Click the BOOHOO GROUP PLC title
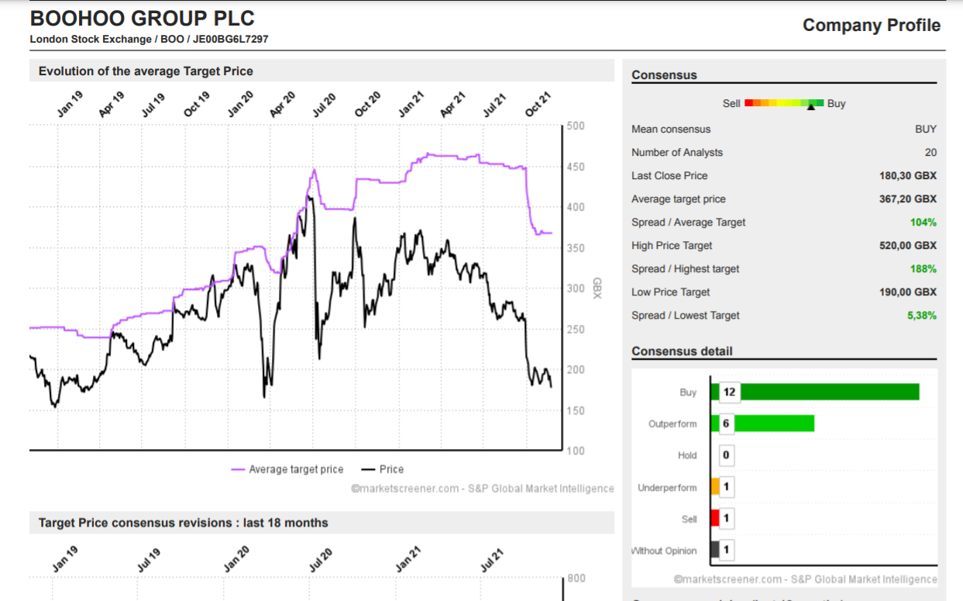point(143,19)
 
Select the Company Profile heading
point(872,25)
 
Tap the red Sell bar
point(715,518)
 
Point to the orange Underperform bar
point(715,486)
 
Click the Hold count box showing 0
point(726,454)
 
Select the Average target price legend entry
point(287,469)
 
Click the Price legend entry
point(383,469)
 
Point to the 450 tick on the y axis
point(576,167)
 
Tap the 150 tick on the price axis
point(576,410)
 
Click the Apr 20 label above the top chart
point(283,104)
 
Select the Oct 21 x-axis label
point(538,104)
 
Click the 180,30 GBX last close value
point(907,175)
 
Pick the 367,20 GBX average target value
point(907,199)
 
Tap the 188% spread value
point(923,269)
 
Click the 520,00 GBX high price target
point(907,245)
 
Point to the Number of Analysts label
point(676,152)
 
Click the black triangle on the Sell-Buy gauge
point(811,107)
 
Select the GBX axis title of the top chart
point(597,288)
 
